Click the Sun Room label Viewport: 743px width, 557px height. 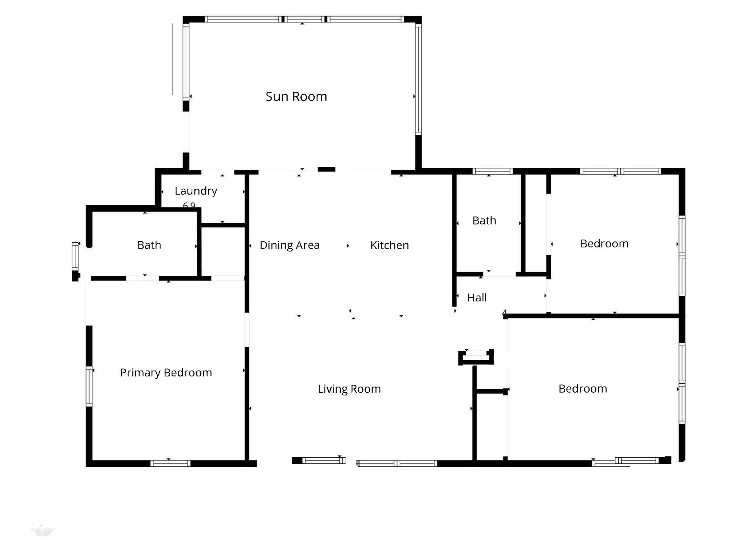coord(296,96)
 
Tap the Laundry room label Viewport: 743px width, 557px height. coord(196,191)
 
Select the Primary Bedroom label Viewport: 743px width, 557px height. coord(166,372)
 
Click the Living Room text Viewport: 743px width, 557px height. coord(349,389)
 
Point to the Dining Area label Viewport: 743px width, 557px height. coord(290,245)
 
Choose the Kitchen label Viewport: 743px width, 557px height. coord(389,245)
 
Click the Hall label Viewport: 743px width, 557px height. coord(476,298)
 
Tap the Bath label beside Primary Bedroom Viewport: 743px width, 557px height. coord(149,245)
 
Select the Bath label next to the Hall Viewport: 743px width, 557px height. coord(484,220)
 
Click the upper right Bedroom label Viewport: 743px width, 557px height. coord(604,243)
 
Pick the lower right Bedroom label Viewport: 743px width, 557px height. coord(582,389)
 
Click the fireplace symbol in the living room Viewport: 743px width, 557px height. coord(476,357)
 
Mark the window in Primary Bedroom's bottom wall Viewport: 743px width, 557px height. coord(170,463)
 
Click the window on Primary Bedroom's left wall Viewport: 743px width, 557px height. coord(89,386)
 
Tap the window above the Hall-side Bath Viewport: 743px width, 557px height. coord(492,171)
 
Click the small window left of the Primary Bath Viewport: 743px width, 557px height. coord(75,256)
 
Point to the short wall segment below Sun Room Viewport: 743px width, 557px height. coord(326,169)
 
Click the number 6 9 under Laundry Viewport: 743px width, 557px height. coord(189,206)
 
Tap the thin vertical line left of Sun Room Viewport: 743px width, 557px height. coord(172,59)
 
